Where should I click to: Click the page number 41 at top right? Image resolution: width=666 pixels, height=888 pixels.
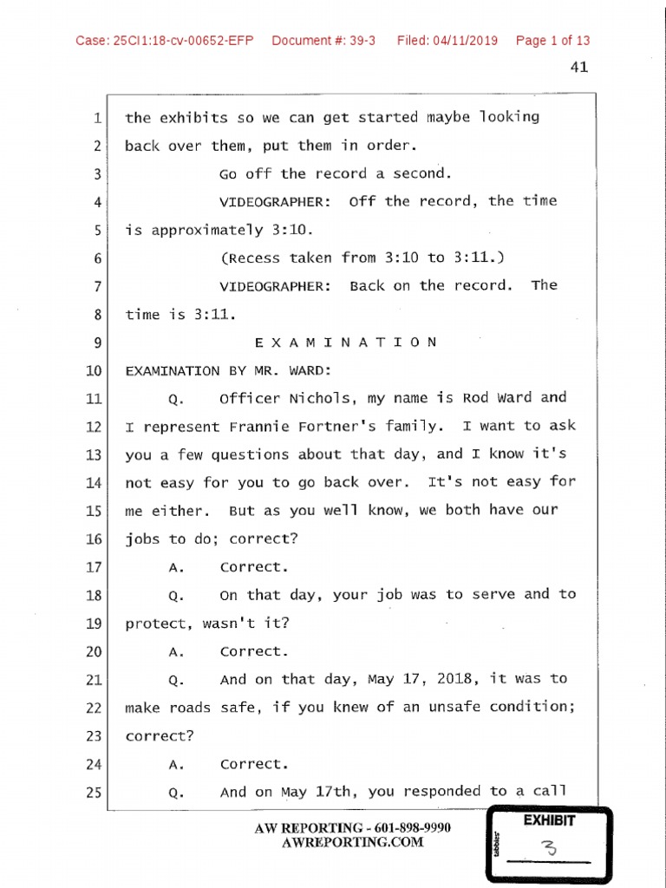(x=579, y=68)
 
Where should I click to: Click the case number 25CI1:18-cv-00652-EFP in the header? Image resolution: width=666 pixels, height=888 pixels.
(x=165, y=41)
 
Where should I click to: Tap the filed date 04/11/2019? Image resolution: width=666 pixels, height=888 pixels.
(x=467, y=41)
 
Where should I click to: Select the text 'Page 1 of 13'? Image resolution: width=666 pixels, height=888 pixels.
(x=552, y=41)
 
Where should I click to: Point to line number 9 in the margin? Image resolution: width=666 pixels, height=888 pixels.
(x=97, y=343)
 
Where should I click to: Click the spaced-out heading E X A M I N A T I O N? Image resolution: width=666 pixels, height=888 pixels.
(x=346, y=342)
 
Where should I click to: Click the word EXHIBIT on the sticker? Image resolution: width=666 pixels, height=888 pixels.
(x=550, y=819)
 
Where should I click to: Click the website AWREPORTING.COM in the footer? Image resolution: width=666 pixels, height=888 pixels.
(x=353, y=842)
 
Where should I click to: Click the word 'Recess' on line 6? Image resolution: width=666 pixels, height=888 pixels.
(x=252, y=258)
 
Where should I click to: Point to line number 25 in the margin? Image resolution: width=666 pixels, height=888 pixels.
(x=94, y=793)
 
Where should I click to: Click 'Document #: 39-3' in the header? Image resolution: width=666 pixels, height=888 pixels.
(x=323, y=41)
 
